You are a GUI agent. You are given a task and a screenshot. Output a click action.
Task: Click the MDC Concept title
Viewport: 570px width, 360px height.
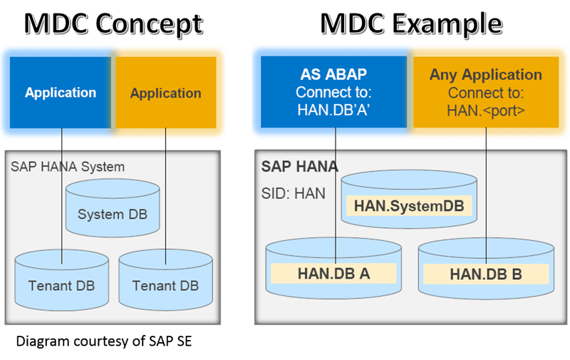click(x=113, y=23)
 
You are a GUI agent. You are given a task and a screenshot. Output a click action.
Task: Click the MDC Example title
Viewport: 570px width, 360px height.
click(x=410, y=23)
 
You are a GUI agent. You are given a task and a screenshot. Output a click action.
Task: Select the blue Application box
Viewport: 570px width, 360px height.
click(x=61, y=93)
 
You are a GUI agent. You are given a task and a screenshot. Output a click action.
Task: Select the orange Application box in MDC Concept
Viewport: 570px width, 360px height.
click(x=165, y=93)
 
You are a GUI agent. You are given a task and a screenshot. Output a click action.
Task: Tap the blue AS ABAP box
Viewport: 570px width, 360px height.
click(x=334, y=93)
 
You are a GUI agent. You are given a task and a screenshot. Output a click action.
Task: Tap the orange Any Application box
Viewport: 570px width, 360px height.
click(x=485, y=93)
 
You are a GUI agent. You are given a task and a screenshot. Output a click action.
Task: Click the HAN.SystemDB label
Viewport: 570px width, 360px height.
click(x=408, y=206)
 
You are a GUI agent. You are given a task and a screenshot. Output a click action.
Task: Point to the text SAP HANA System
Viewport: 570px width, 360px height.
click(x=67, y=167)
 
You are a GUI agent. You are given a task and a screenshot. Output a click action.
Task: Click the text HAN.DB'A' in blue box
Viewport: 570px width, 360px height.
click(x=334, y=110)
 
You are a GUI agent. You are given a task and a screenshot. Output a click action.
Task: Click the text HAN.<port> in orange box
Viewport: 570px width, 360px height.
click(x=485, y=110)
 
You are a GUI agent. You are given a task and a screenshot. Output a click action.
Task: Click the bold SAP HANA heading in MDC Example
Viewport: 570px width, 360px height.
click(x=299, y=167)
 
